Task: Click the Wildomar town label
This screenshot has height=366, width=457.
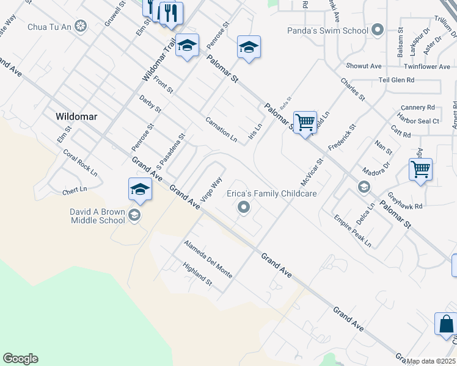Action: pyautogui.click(x=77, y=116)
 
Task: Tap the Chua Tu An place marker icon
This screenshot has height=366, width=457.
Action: pyautogui.click(x=81, y=26)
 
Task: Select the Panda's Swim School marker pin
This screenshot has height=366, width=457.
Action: pyautogui.click(x=377, y=30)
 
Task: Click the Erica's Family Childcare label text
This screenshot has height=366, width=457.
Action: pyautogui.click(x=272, y=193)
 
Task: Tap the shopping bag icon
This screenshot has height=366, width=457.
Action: pyautogui.click(x=445, y=324)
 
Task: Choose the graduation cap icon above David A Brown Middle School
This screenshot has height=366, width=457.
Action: pyautogui.click(x=140, y=189)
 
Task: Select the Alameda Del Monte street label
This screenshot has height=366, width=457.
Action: pyautogui.click(x=208, y=259)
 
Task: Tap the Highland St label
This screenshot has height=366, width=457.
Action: pyautogui.click(x=197, y=274)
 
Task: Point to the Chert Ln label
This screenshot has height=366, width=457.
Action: pyautogui.click(x=75, y=192)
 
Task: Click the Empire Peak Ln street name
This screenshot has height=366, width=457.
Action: pyautogui.click(x=353, y=231)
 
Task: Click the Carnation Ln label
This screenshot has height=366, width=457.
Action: pyautogui.click(x=221, y=129)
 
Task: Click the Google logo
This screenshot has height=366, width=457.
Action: pyautogui.click(x=20, y=359)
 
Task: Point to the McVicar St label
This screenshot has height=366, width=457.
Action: pyautogui.click(x=311, y=173)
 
